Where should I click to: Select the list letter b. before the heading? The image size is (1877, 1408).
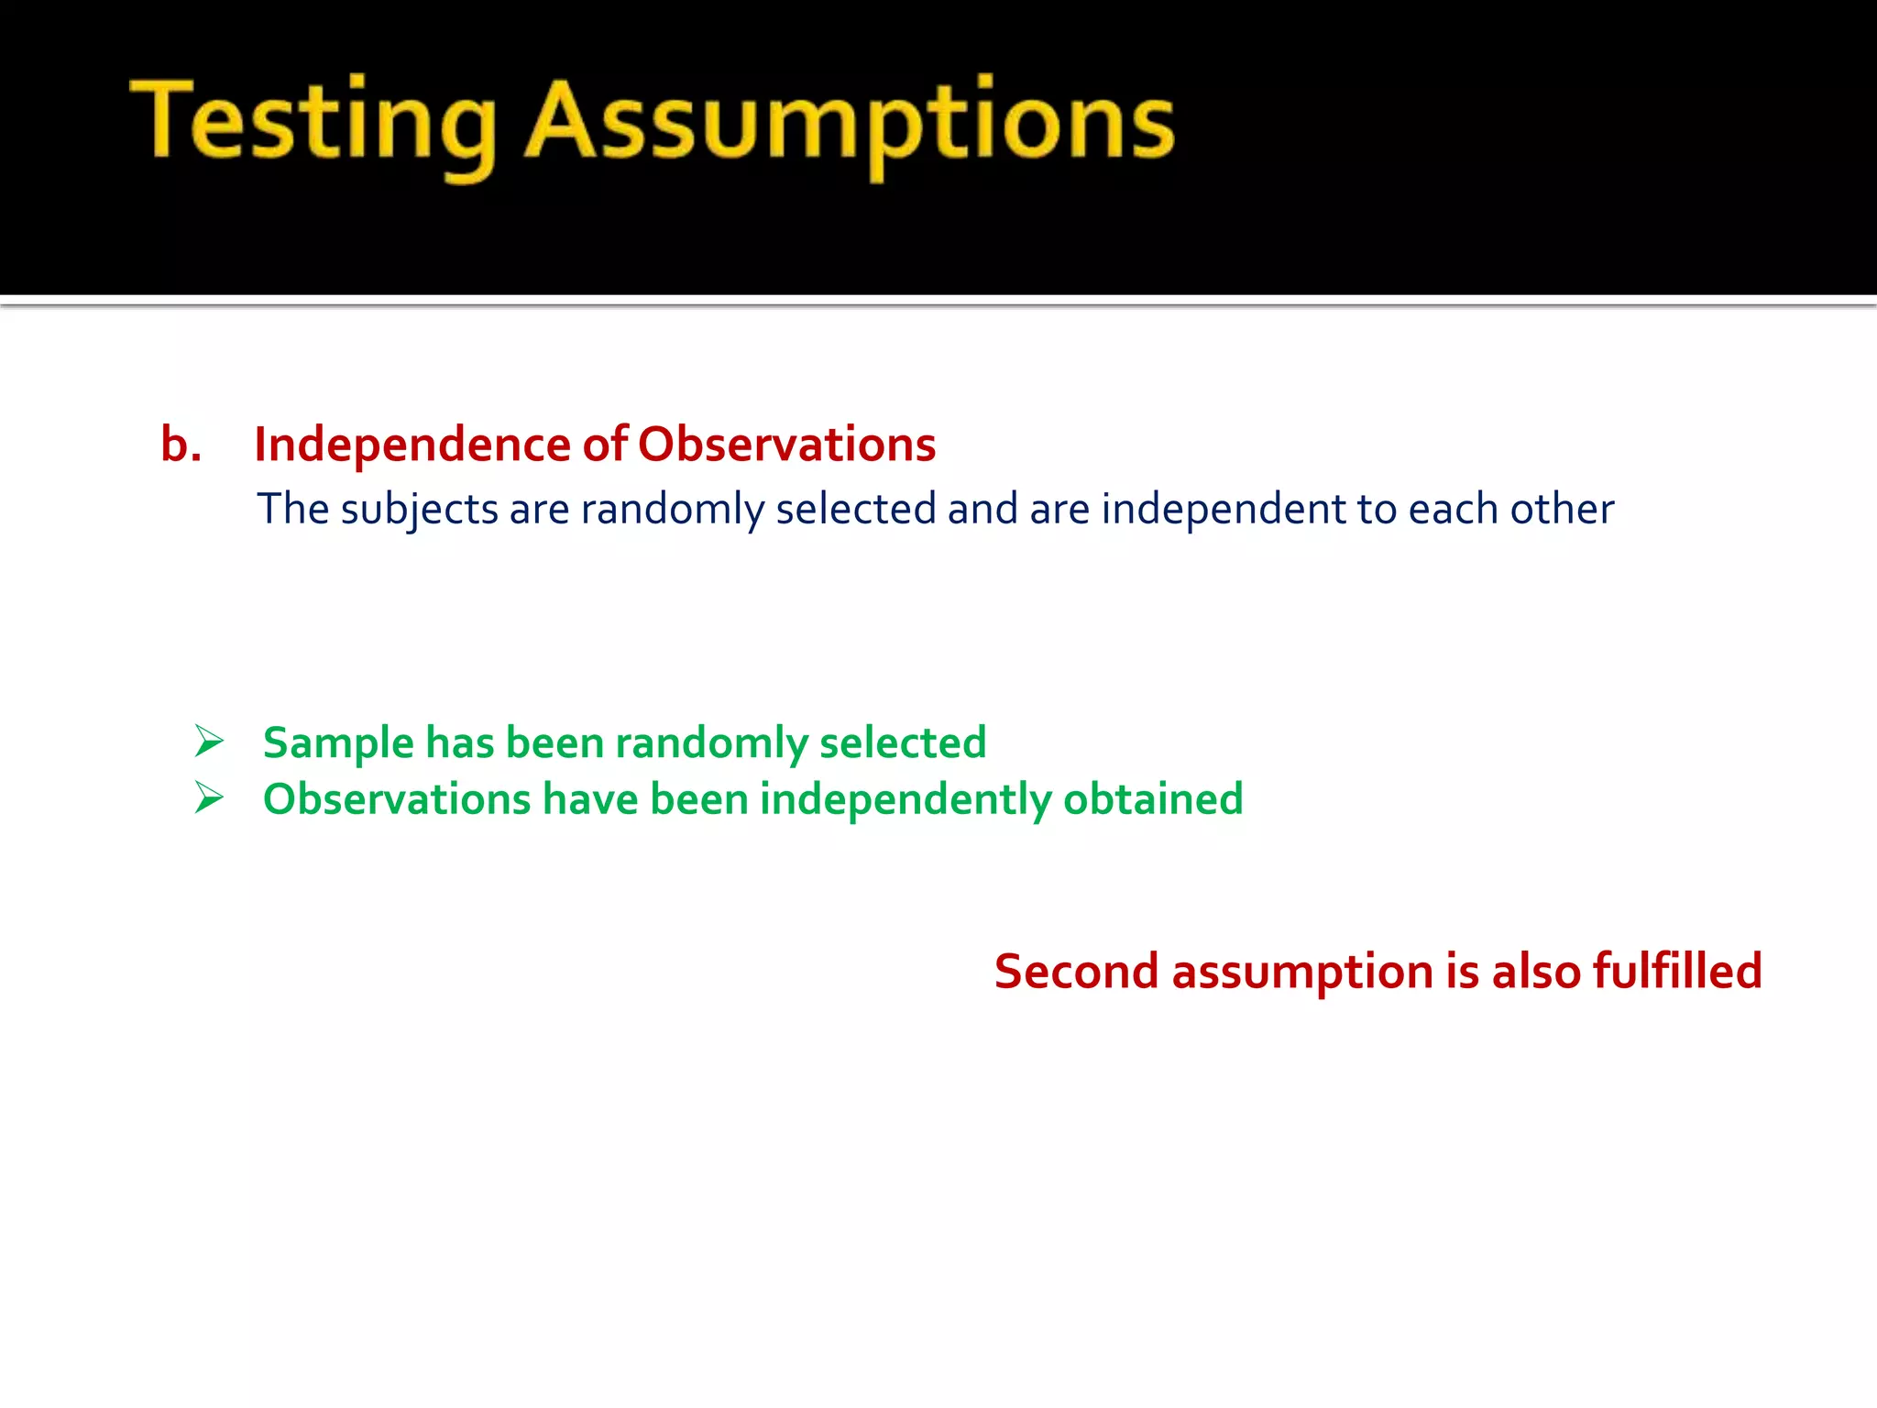pos(181,445)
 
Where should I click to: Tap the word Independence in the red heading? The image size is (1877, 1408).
pos(412,445)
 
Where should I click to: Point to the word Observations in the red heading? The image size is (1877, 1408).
pos(786,445)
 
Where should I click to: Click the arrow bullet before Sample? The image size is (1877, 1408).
pos(209,741)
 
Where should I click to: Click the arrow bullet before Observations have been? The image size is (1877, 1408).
pos(209,797)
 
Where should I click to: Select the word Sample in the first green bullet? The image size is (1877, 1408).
pos(338,743)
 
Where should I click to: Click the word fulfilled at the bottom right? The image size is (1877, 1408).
pos(1677,971)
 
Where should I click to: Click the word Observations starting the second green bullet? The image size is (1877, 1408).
pos(396,799)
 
